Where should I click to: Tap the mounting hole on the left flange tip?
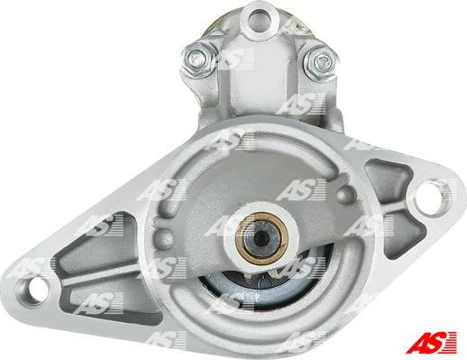point(32,288)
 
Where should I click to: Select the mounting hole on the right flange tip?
point(432,197)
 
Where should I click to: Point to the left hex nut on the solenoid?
point(199,60)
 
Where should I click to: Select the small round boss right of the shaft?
point(346,193)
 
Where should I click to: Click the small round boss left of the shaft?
point(164,238)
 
